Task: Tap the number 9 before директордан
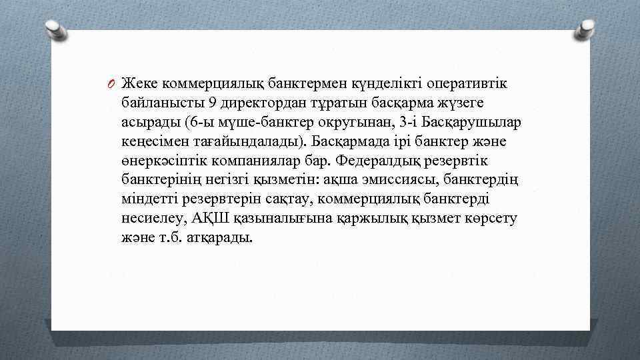coord(212,103)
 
